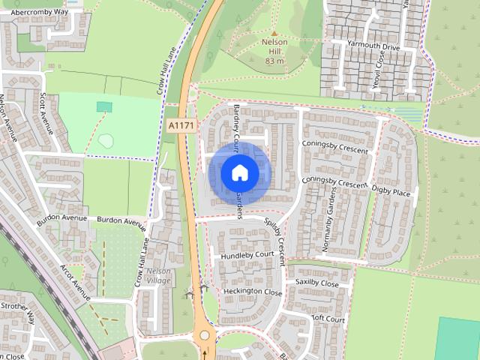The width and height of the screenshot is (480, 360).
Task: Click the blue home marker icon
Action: pyautogui.click(x=239, y=173)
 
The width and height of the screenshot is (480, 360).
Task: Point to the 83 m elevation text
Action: pyautogui.click(x=274, y=61)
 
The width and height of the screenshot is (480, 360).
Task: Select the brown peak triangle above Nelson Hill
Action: pyautogui.click(x=274, y=33)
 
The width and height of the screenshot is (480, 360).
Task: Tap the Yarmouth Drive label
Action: pyautogui.click(x=373, y=46)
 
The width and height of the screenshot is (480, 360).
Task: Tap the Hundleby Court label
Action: pyautogui.click(x=247, y=256)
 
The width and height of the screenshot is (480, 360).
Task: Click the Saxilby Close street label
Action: pyautogui.click(x=317, y=283)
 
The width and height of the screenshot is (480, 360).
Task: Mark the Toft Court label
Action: pyautogui.click(x=329, y=319)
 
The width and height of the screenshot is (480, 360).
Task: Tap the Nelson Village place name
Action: pyautogui.click(x=158, y=275)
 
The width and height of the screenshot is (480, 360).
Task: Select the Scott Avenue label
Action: pyautogui.click(x=47, y=112)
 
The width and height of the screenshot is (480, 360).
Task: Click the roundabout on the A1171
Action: pyautogui.click(x=205, y=335)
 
